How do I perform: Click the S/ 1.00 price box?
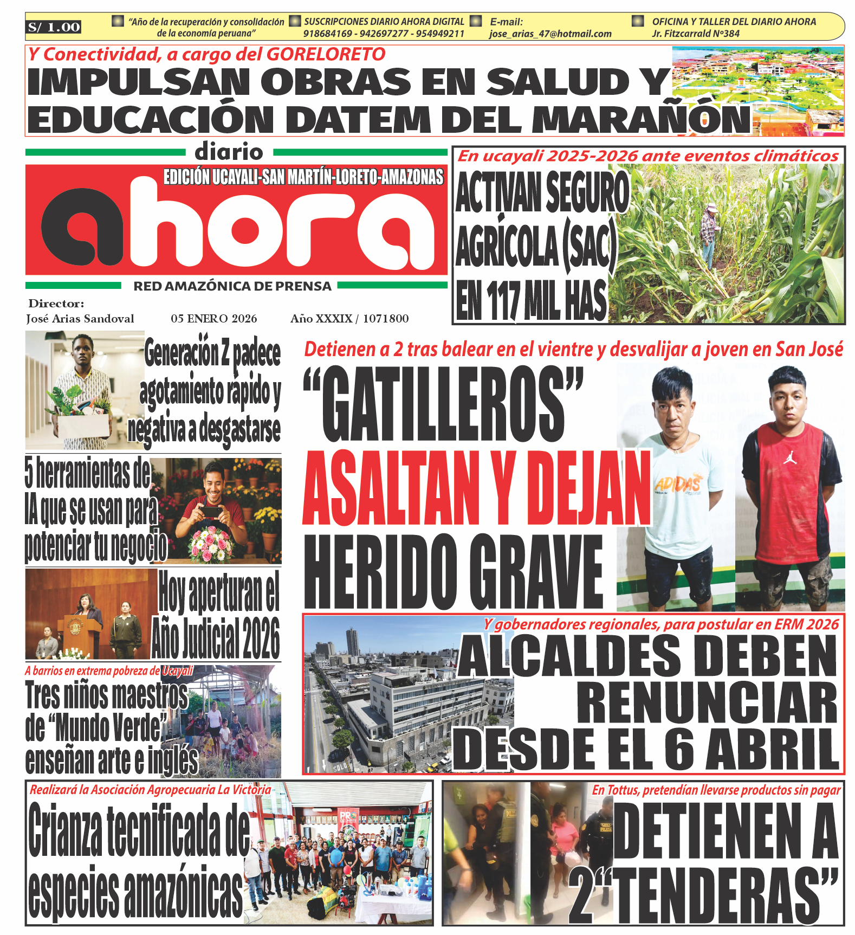point(54,27)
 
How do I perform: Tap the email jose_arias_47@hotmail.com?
point(550,34)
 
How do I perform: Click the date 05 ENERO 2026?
point(213,319)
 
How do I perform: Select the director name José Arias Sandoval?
point(80,319)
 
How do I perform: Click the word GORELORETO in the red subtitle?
point(326,54)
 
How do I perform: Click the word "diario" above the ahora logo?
point(229,152)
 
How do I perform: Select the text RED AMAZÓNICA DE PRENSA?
point(232,286)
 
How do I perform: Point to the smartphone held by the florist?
point(212,512)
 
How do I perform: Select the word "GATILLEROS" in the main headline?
point(443,404)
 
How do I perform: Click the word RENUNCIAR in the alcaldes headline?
point(707,703)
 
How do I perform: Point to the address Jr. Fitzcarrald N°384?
point(696,34)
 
